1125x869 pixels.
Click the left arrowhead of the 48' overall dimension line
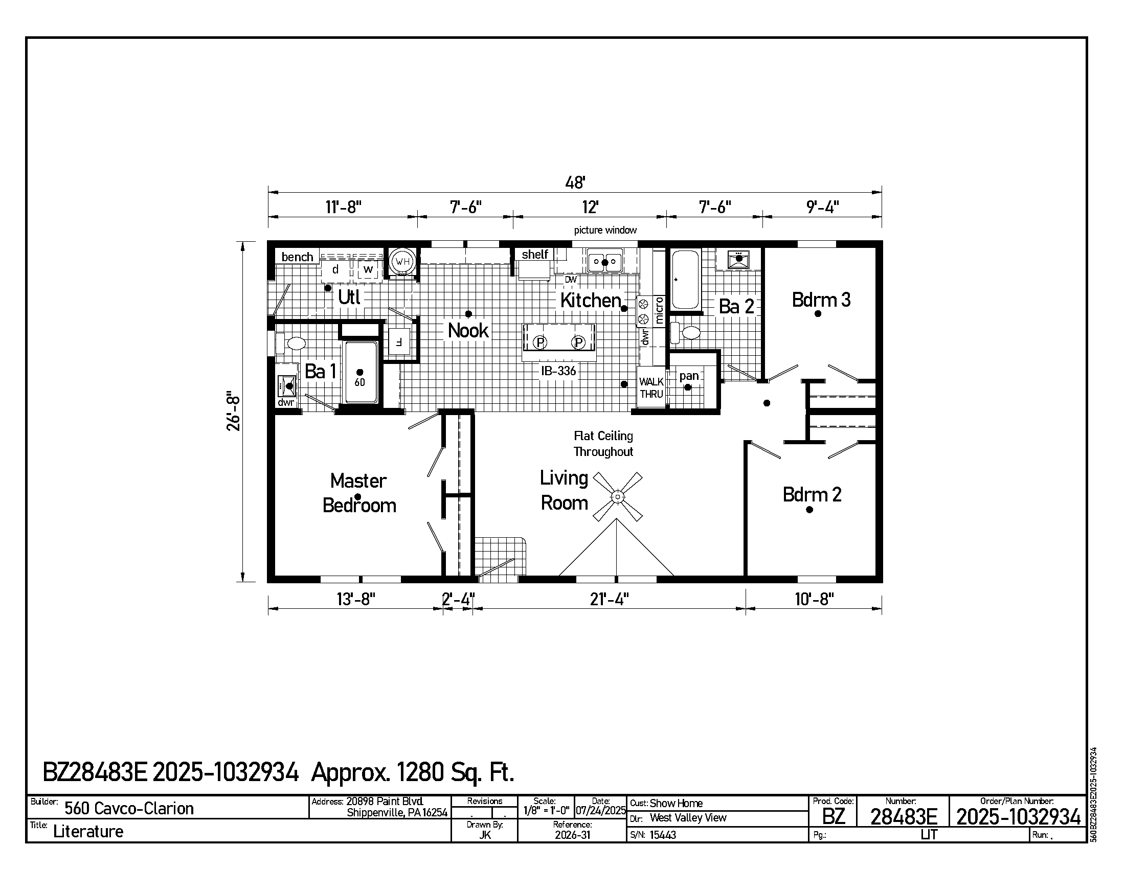pos(273,193)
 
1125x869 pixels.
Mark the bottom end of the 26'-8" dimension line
pos(242,582)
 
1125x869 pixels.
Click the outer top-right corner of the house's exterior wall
pos(883,241)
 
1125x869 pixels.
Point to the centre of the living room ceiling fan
pos(617,497)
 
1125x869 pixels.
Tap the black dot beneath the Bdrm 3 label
pos(818,313)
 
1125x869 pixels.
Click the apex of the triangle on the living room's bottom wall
pos(617,519)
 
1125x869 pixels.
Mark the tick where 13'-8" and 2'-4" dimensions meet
pos(443,608)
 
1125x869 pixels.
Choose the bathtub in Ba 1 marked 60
pos(360,372)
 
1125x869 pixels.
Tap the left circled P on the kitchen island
pos(539,342)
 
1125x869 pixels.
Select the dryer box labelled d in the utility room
pos(335,270)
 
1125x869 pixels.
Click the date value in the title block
pos(601,811)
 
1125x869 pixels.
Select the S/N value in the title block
pos(663,835)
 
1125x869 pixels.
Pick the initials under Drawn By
pos(485,835)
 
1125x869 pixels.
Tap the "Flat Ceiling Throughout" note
pos(603,444)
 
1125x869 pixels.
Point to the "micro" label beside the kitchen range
pos(659,310)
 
